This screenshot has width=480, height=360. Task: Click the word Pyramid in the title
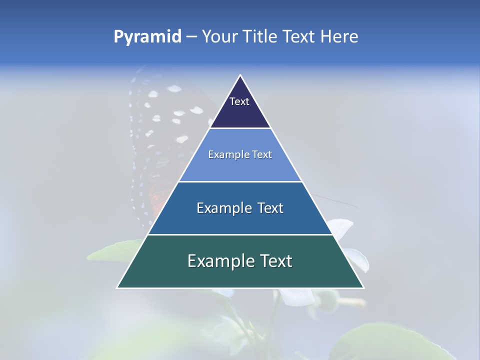click(x=147, y=37)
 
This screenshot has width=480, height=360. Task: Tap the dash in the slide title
click(x=191, y=37)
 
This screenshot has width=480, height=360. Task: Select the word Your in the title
click(x=218, y=37)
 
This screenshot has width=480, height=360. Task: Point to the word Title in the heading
click(x=259, y=37)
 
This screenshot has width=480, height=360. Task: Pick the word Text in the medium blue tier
click(x=271, y=208)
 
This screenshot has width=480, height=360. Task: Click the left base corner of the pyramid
click(x=118, y=287)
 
